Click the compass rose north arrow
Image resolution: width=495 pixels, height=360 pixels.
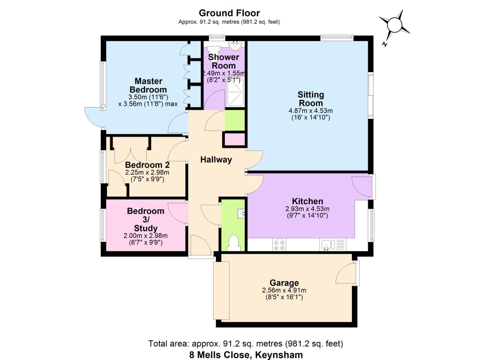tap(395, 25)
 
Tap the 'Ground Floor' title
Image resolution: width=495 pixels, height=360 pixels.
tap(229, 13)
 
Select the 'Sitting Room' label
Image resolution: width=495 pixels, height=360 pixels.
tap(311, 99)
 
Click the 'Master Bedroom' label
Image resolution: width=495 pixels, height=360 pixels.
tap(148, 85)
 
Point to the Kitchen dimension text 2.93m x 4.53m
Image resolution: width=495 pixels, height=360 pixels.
tap(307, 209)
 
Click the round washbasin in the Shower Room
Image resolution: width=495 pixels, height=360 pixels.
tap(235, 46)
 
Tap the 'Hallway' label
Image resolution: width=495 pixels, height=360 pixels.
tap(216, 160)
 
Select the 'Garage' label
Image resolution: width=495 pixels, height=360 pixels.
tap(284, 283)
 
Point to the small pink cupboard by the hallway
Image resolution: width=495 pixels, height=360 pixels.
tap(235, 139)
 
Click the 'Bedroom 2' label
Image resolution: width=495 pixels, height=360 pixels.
tap(147, 165)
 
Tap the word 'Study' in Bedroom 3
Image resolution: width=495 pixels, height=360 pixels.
tap(145, 228)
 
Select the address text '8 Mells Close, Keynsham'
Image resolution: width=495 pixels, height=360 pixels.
tap(246, 355)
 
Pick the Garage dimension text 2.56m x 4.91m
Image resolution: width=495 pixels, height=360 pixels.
tap(284, 290)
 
